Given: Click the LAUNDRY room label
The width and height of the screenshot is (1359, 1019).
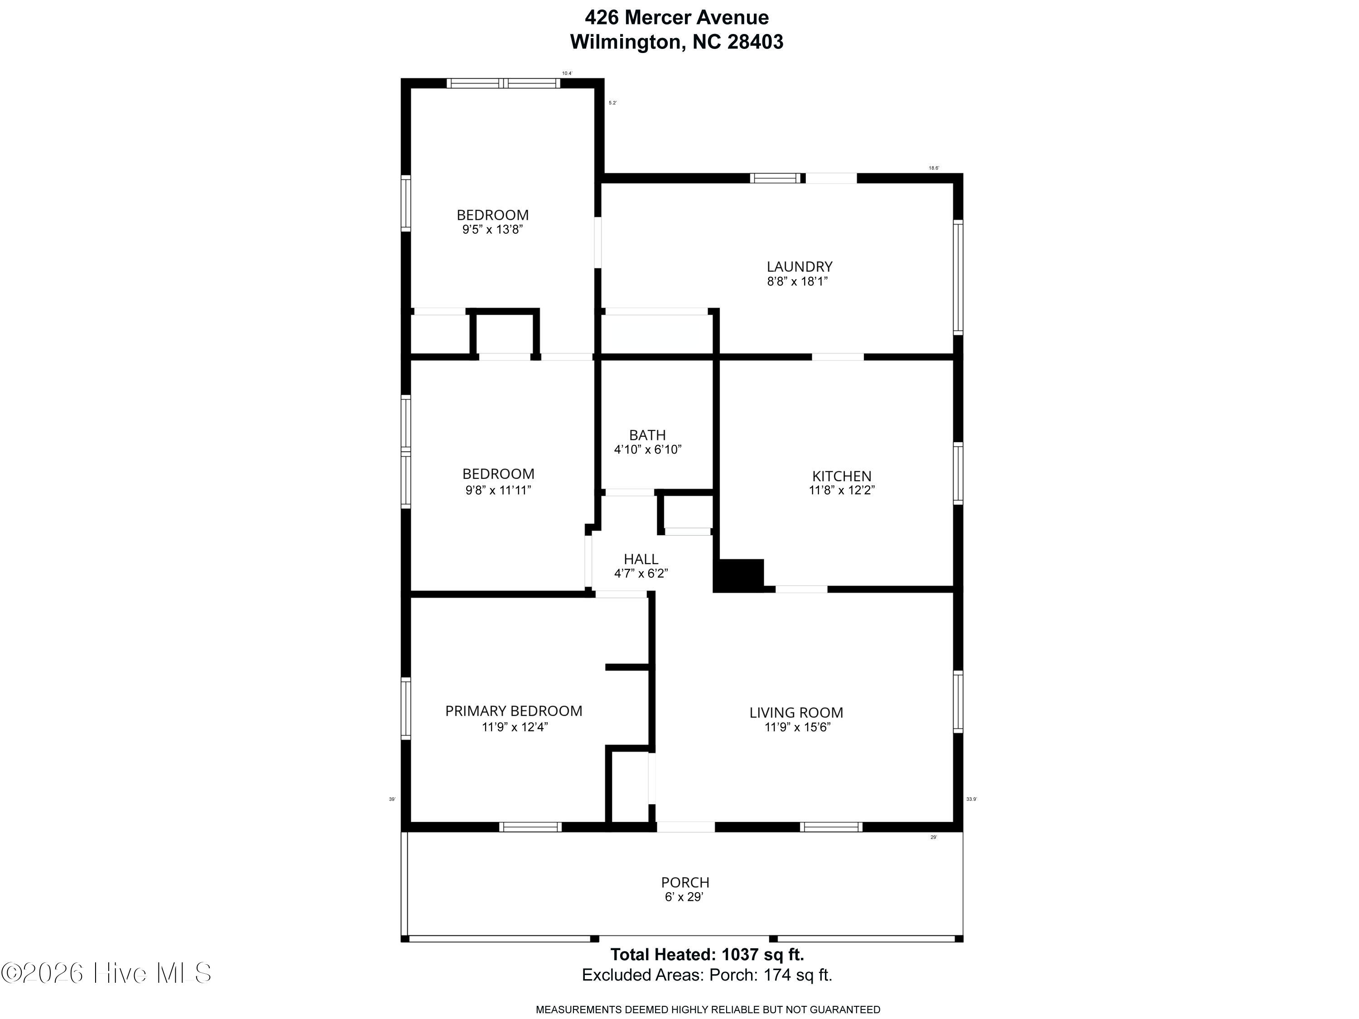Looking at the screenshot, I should pyautogui.click(x=799, y=267).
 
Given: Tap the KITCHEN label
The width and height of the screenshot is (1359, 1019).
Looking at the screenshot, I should pyautogui.click(x=842, y=476).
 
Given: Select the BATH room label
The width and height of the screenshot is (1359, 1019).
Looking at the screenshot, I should pyautogui.click(x=647, y=435).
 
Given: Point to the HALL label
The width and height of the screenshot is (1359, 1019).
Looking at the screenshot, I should pyautogui.click(x=641, y=559).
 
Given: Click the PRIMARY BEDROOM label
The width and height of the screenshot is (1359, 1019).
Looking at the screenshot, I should pyautogui.click(x=514, y=711).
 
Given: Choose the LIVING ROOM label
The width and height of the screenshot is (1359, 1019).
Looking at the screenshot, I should pyautogui.click(x=796, y=713).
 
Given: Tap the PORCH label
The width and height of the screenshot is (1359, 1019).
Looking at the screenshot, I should pyautogui.click(x=685, y=883).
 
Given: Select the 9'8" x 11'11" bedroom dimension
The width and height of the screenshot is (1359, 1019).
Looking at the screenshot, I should pyautogui.click(x=498, y=490).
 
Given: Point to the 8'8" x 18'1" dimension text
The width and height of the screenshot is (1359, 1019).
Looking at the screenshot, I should pyautogui.click(x=797, y=281).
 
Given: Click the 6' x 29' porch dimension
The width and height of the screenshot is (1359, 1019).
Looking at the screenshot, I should pyautogui.click(x=684, y=897).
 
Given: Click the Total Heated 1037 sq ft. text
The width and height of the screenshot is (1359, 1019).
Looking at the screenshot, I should pyautogui.click(x=707, y=955).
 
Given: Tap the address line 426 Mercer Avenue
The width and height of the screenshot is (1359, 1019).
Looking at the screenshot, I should pyautogui.click(x=676, y=17).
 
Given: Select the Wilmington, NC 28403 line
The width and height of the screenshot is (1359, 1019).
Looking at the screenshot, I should pyautogui.click(x=676, y=42).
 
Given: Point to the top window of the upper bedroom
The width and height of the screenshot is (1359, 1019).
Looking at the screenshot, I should pyautogui.click(x=503, y=83).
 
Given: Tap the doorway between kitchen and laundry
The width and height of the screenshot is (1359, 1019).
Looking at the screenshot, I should pyautogui.click(x=838, y=357).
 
